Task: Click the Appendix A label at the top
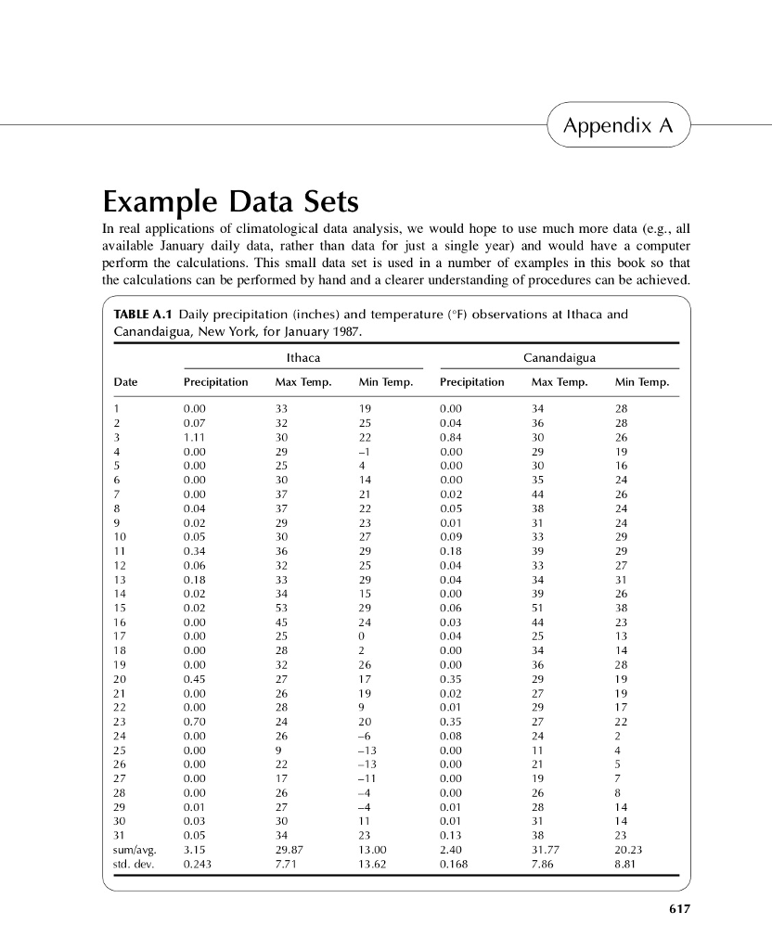[x=619, y=125]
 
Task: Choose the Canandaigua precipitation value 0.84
[x=452, y=437]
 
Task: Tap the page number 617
[x=679, y=909]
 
